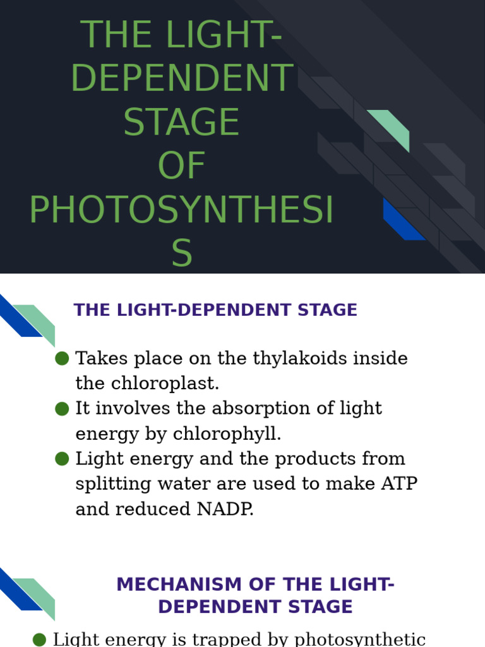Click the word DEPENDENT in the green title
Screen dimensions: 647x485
point(182,78)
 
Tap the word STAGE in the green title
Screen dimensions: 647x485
point(182,122)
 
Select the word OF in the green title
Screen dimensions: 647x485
point(182,166)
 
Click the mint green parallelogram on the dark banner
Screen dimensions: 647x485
point(389,128)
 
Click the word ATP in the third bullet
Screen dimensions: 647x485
point(398,483)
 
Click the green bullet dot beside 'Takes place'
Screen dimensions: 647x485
point(62,358)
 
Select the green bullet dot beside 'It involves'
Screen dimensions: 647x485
point(62,408)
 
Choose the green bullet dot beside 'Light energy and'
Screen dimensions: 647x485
point(62,458)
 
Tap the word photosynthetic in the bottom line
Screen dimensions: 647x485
point(366,639)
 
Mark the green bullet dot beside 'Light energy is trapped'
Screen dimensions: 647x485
point(39,639)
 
